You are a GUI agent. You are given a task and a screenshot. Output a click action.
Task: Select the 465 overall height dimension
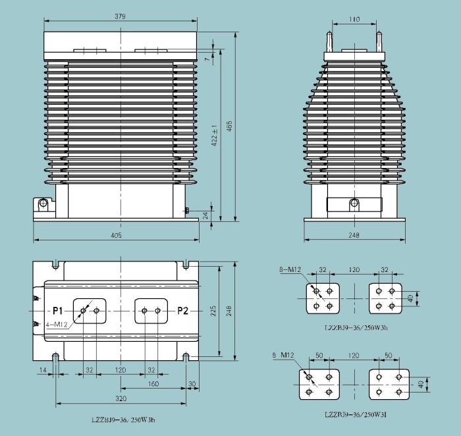[229, 128]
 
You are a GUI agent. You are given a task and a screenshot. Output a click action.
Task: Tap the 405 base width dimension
[115, 235]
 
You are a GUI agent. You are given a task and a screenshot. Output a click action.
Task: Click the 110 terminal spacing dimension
[354, 20]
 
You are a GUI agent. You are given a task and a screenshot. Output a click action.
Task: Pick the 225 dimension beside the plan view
[214, 310]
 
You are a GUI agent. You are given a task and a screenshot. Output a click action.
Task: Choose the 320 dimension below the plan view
[121, 398]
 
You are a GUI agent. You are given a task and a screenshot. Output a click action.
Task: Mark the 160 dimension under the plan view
[152, 383]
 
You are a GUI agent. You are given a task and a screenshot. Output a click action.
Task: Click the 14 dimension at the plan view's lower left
[43, 371]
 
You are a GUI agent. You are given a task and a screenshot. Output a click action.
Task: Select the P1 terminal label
[58, 310]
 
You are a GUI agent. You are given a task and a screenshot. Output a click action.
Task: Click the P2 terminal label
[182, 310]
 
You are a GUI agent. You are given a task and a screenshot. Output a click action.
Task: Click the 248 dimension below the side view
[354, 235]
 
